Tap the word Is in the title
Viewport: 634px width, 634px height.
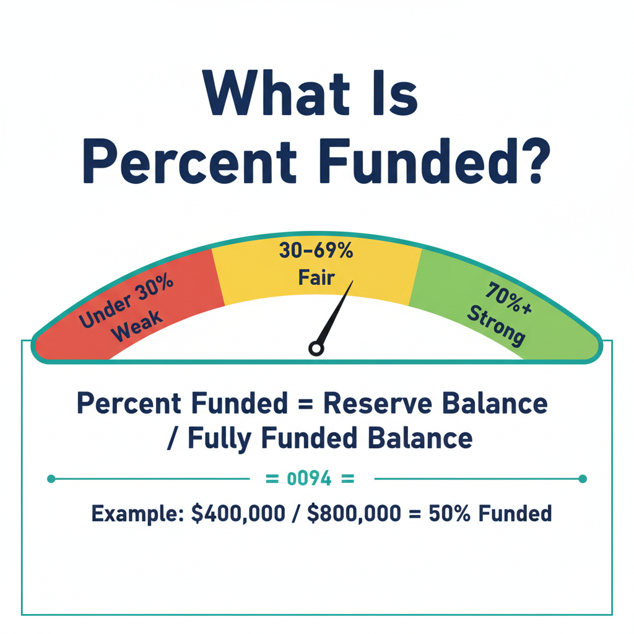[x=395, y=94]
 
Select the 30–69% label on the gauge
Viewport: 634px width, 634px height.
[x=316, y=251]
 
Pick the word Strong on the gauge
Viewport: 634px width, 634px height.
[x=496, y=324]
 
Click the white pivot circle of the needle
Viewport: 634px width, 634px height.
[x=316, y=349]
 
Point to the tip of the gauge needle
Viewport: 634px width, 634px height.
[x=352, y=282]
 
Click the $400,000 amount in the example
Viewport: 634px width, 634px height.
[x=238, y=514]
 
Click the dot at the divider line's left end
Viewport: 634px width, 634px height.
[x=51, y=479]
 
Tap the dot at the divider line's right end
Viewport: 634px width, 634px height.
[x=582, y=479]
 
